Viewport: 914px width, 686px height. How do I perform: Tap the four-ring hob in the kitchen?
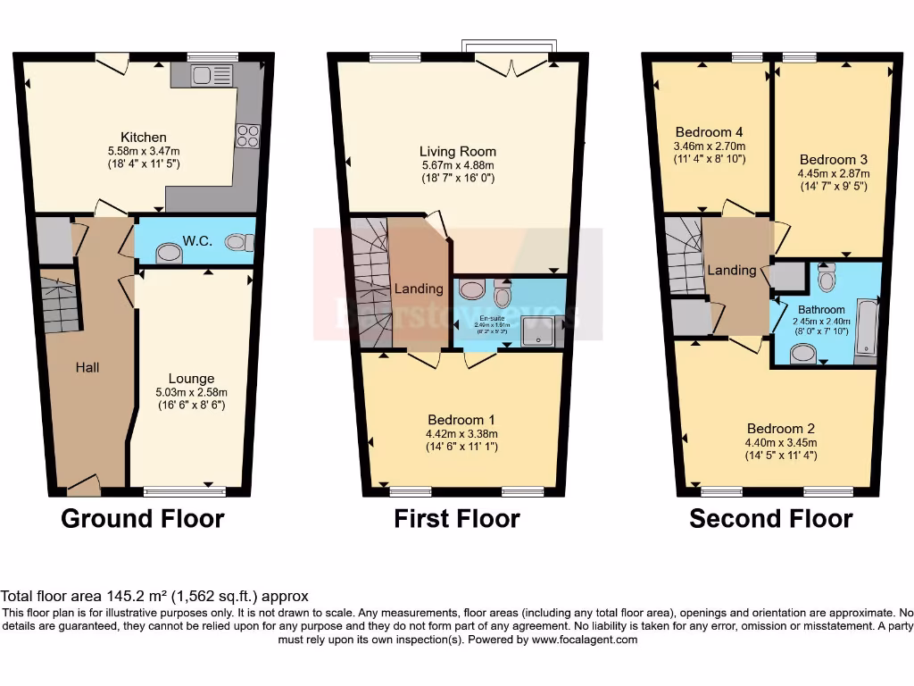click(x=246, y=135)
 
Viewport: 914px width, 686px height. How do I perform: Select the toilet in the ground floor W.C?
click(x=239, y=242)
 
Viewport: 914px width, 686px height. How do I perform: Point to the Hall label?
click(x=87, y=367)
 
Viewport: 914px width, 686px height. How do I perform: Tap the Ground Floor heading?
click(x=142, y=518)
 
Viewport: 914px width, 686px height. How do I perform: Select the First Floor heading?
click(x=456, y=518)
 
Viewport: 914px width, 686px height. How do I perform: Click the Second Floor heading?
click(x=770, y=518)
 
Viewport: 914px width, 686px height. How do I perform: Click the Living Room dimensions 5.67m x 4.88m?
click(x=457, y=165)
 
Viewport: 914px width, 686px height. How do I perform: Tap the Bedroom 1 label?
click(x=461, y=420)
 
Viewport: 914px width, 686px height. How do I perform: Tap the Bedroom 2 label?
click(x=781, y=428)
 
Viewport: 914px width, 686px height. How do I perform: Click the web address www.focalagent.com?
click(x=583, y=640)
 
